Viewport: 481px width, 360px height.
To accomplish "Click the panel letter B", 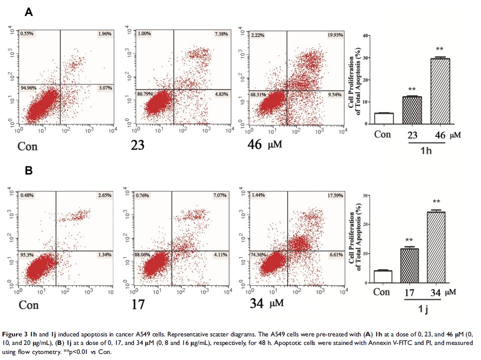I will click(29, 171).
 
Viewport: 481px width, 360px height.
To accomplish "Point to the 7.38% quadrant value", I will click(220, 34).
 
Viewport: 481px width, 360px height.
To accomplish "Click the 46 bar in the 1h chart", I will click(439, 91).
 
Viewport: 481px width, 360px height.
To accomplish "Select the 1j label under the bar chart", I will click(423, 310).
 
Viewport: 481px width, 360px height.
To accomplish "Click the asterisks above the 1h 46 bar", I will click(439, 49).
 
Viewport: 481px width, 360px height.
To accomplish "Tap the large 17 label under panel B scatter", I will click(137, 304).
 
